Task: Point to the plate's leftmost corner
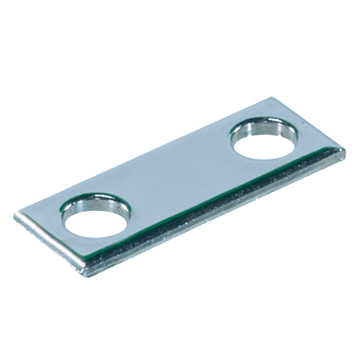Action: pyautogui.click(x=14, y=214)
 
